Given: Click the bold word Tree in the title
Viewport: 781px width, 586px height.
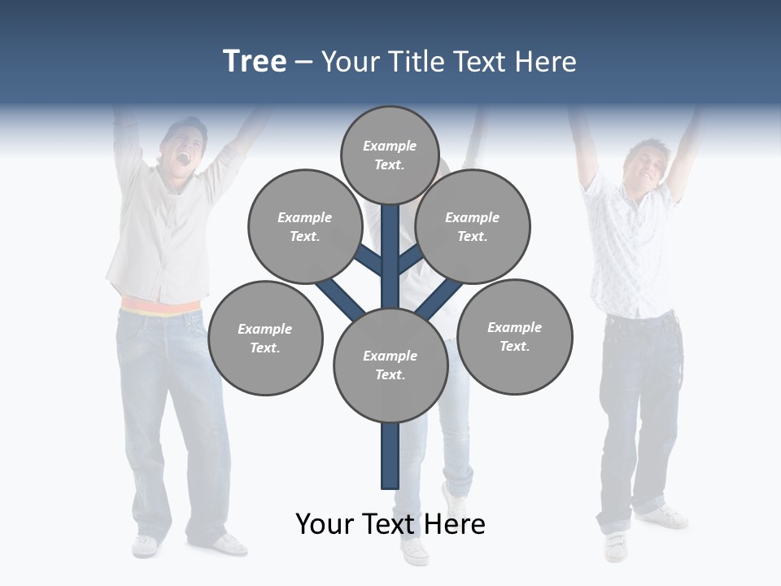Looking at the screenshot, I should point(255,61).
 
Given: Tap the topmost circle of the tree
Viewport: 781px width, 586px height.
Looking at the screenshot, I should point(390,155).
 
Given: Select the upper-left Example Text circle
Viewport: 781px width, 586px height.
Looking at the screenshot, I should point(304,226).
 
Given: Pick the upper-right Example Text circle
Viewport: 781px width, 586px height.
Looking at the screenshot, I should point(473,226).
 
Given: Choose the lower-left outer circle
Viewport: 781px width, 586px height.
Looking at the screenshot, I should point(265,338).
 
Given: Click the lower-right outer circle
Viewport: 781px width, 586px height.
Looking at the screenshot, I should point(514,336).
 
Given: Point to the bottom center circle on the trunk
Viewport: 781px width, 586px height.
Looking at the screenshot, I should point(390,365).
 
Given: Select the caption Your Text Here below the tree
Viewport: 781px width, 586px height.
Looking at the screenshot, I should point(390,524).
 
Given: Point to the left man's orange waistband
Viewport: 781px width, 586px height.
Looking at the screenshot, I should point(160,307).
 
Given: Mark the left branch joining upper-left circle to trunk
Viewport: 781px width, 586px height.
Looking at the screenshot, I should point(367,260).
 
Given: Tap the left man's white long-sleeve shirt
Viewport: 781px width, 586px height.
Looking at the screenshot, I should point(159,236).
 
